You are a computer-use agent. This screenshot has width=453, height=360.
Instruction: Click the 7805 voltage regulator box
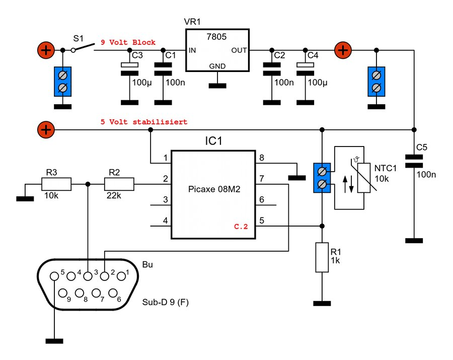click(x=217, y=50)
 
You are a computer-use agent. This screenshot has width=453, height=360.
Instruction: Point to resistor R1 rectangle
click(x=322, y=257)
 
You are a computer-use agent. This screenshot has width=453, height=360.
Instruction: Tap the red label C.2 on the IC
click(x=241, y=227)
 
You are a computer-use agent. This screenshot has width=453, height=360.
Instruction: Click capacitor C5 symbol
click(x=414, y=161)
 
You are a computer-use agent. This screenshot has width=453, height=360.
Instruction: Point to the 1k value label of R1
click(x=336, y=261)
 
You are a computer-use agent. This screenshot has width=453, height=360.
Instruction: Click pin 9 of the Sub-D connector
click(x=63, y=293)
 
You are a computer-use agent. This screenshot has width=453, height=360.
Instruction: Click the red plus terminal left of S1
click(x=45, y=50)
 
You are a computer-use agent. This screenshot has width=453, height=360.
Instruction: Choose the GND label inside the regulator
click(x=217, y=66)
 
